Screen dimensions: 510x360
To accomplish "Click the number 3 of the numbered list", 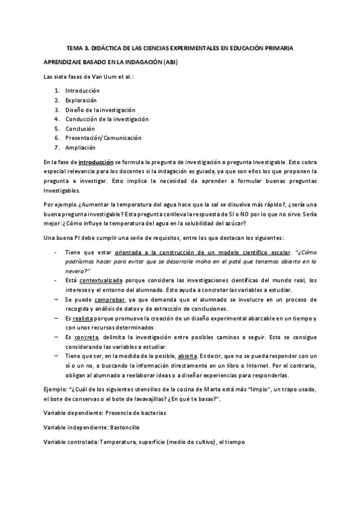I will (x=56, y=109).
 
